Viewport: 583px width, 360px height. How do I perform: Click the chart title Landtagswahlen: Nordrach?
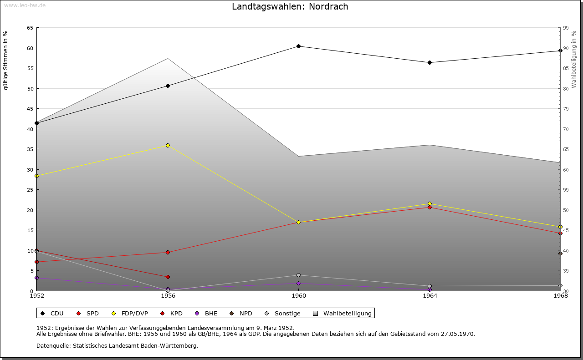290,6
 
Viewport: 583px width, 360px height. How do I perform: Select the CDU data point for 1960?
298,46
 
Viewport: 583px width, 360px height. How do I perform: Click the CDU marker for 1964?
430,62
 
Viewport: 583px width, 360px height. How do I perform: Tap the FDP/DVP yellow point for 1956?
168,145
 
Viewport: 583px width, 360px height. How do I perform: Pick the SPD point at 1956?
168,252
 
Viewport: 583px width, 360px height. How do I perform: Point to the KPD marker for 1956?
168,277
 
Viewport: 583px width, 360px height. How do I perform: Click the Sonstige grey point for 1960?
298,275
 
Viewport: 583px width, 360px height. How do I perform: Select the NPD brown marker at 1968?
560,254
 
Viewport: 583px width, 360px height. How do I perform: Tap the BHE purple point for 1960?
298,283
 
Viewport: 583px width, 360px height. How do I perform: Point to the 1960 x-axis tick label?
298,296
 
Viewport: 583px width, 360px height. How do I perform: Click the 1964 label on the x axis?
430,296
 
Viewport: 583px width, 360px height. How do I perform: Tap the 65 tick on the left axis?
30,28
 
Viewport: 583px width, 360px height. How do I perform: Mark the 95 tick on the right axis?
566,28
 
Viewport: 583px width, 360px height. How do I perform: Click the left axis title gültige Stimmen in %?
6,60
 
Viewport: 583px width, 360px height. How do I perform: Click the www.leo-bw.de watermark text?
24,5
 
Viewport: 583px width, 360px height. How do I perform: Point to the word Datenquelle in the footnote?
52,345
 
